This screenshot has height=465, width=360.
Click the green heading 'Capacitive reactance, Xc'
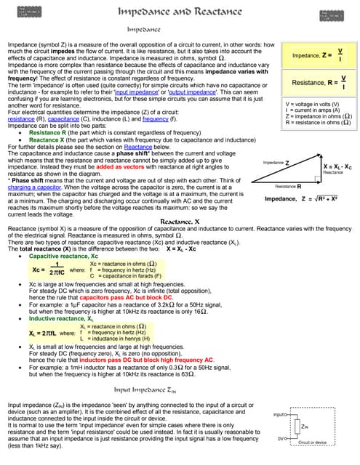coord(63,256)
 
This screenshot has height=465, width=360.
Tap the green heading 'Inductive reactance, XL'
coord(61,318)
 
